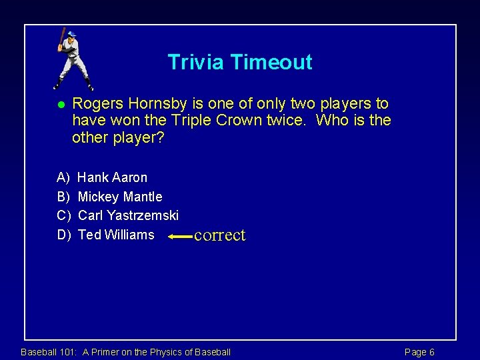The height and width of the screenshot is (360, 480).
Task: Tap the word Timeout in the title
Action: click(x=271, y=62)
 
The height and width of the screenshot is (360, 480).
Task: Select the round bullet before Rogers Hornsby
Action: click(x=60, y=105)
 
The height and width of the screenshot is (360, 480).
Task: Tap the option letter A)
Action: click(x=63, y=177)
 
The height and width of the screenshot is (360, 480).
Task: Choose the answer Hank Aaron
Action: click(x=113, y=177)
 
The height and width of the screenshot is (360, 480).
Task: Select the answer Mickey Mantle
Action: click(x=120, y=197)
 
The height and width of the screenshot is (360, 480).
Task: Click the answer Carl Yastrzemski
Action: click(x=128, y=215)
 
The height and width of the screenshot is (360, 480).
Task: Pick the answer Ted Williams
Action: click(x=116, y=235)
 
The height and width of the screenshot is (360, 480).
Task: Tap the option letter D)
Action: click(x=64, y=235)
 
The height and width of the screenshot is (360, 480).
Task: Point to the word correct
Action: click(x=219, y=235)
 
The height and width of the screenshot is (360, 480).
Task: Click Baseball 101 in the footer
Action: click(x=49, y=352)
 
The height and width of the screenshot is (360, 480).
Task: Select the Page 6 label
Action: click(x=419, y=352)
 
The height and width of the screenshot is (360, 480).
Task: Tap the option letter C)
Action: click(x=64, y=215)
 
